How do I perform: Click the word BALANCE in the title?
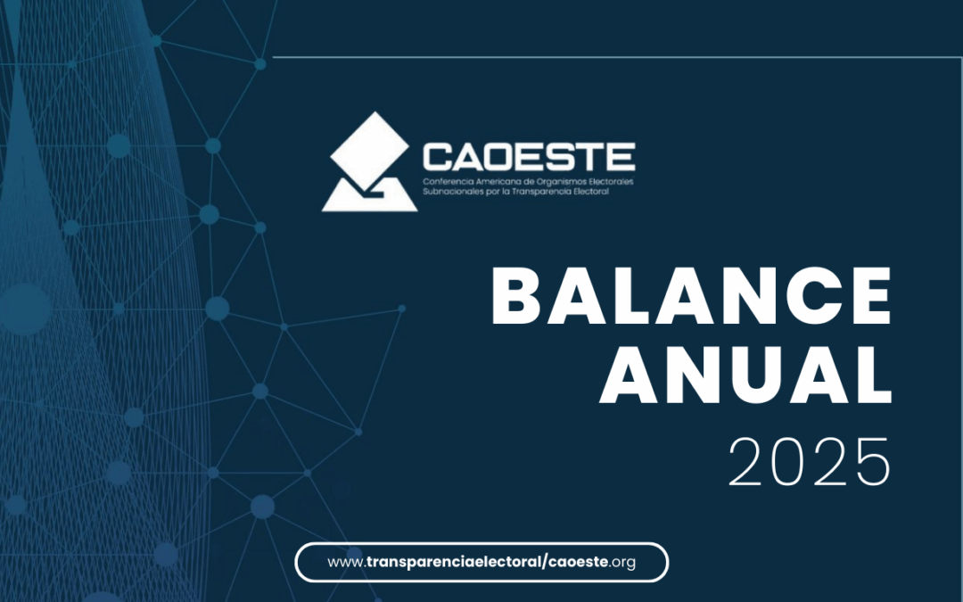point(691,296)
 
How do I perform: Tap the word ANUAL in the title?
point(745,375)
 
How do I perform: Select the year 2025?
point(810,462)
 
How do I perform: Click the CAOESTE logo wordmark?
point(529,157)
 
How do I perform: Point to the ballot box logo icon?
point(370,161)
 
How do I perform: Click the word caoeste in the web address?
point(578,562)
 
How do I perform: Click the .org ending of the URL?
point(622,563)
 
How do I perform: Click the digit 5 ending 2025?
point(873,463)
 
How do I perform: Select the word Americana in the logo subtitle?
point(498,182)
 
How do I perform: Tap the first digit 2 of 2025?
point(747,462)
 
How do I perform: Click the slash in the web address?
point(546,562)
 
